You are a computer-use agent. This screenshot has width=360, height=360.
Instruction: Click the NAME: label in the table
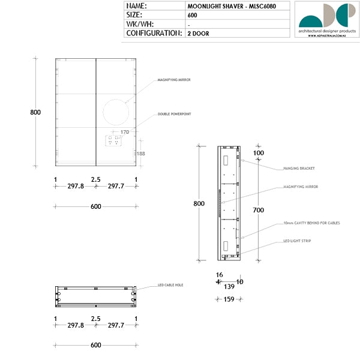pyautogui.click(x=137, y=6)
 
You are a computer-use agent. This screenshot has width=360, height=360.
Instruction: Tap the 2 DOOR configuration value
pyautogui.click(x=198, y=34)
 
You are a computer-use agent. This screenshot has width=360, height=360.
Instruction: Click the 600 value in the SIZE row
pyautogui.click(x=192, y=15)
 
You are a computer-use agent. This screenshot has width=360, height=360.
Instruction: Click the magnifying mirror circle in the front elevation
pyautogui.click(x=116, y=112)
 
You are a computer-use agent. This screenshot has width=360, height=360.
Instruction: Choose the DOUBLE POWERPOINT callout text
pyautogui.click(x=174, y=113)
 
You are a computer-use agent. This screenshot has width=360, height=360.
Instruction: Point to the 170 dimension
pyautogui.click(x=125, y=132)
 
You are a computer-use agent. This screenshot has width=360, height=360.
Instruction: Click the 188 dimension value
pyautogui.click(x=141, y=154)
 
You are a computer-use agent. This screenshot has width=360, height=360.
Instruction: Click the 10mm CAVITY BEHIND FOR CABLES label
pyautogui.click(x=311, y=223)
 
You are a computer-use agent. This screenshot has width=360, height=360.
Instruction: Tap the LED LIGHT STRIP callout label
pyautogui.click(x=297, y=241)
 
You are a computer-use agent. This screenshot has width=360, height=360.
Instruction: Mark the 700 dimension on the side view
pyautogui.click(x=259, y=211)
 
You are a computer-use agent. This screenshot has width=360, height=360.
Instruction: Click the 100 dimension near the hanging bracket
pyautogui.click(x=259, y=153)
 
